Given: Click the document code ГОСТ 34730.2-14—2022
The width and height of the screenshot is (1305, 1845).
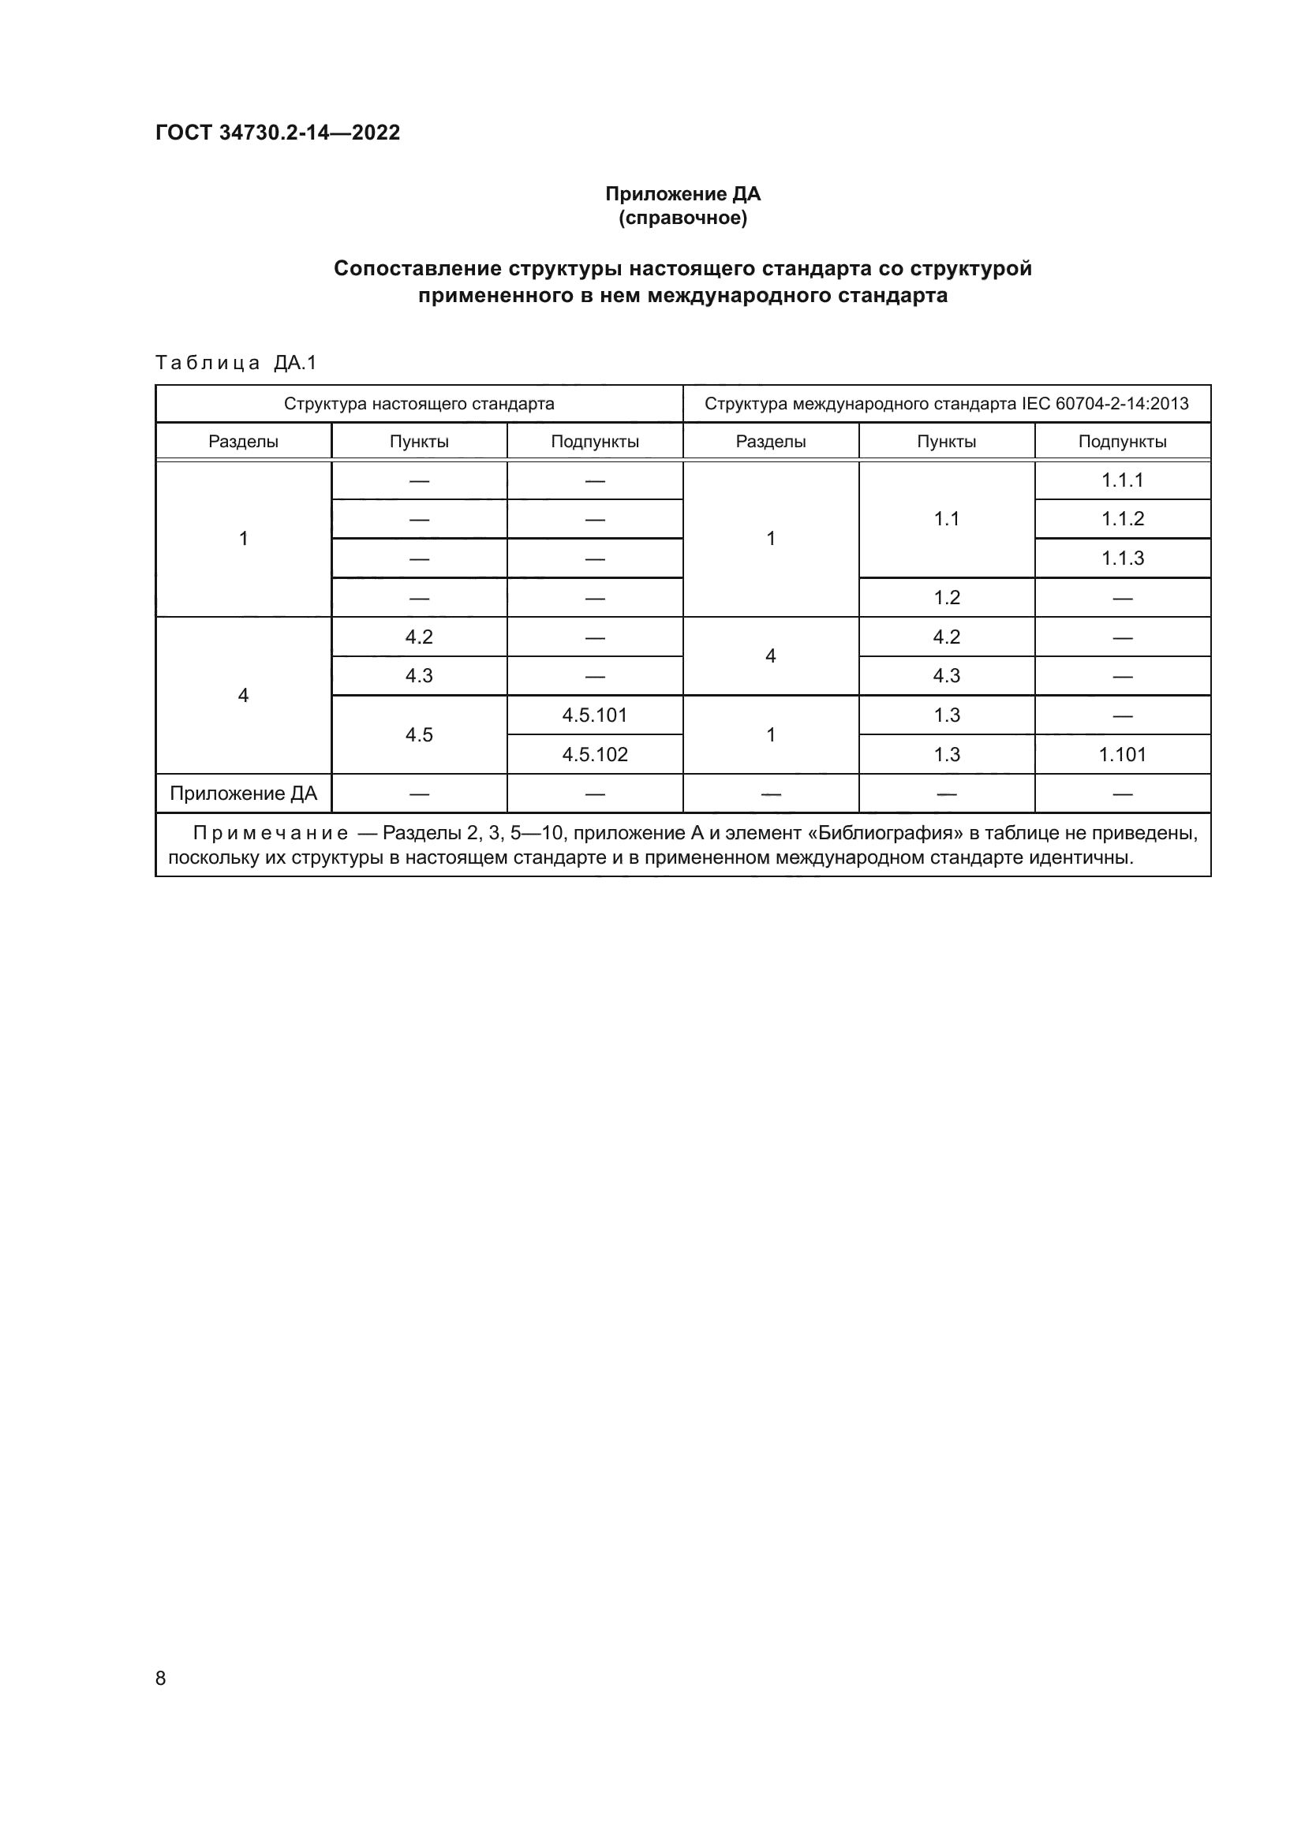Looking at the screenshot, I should tap(277, 133).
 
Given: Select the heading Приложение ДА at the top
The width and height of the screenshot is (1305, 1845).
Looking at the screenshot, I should tap(682, 194).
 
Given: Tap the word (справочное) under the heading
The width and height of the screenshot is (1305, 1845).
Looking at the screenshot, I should tap(682, 218).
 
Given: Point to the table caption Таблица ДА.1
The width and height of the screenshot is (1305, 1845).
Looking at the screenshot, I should tap(236, 363).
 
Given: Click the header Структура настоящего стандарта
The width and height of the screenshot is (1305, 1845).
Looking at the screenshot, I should tap(419, 403).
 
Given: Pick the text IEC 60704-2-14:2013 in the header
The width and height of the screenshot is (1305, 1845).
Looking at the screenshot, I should tap(1105, 403).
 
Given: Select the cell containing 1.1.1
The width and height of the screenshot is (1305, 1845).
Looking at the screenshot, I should tap(1122, 480).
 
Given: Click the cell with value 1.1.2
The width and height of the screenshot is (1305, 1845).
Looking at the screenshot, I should tap(1122, 519).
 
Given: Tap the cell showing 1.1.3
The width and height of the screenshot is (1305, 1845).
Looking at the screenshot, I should tap(1122, 558).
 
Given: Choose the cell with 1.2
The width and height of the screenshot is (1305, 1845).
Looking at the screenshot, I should tap(947, 598).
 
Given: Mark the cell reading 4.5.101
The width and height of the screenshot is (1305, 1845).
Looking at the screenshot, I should tap(595, 715).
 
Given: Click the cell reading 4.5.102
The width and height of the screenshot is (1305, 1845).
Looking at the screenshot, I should tap(595, 755).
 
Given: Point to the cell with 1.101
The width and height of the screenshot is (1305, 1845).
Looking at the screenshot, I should tap(1122, 755).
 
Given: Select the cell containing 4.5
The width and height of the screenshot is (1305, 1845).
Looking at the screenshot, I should tap(419, 734).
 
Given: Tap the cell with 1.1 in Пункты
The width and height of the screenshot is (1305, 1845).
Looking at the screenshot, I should tap(947, 519).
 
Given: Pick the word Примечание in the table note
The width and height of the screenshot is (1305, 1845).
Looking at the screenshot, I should tap(270, 833).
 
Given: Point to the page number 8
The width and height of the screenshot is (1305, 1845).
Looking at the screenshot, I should tap(161, 1679).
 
